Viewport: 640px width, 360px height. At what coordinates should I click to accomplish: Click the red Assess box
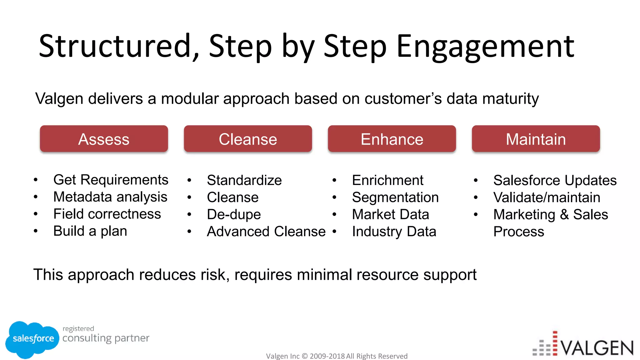[104, 139]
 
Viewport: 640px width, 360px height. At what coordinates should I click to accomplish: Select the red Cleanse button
[248, 139]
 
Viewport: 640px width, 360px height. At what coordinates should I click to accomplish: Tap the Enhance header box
[392, 139]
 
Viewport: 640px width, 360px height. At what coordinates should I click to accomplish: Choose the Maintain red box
[536, 139]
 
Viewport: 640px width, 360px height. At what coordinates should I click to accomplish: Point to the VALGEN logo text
[597, 348]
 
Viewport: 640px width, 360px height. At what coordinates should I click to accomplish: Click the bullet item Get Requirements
[111, 180]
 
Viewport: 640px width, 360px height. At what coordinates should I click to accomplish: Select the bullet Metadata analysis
[110, 197]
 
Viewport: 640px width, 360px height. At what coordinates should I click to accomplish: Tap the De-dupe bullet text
[234, 214]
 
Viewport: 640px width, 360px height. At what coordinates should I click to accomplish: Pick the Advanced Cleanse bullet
[266, 232]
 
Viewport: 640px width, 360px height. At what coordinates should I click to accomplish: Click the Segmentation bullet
[395, 197]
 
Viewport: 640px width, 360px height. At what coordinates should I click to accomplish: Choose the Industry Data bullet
[394, 232]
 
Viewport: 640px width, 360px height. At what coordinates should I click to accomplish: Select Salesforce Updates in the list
[555, 180]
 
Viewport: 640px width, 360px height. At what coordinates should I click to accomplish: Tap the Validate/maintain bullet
[547, 197]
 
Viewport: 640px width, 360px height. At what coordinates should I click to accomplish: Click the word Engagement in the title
[485, 47]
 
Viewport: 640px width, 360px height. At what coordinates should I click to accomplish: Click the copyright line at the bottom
[337, 356]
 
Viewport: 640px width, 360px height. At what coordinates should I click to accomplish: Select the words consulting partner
[106, 338]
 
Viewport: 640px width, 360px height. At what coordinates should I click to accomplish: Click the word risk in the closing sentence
[215, 275]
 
